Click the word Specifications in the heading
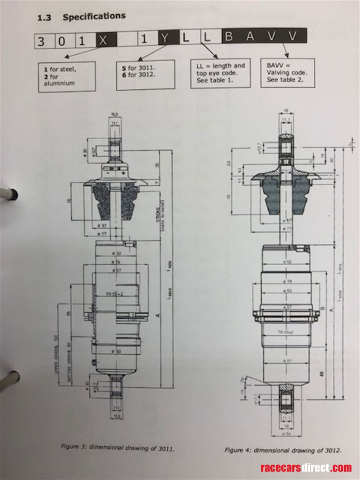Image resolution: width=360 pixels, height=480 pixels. coord(94,17)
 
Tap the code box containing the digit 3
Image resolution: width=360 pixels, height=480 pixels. coord(41,41)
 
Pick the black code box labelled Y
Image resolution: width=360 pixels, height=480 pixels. coord(165,39)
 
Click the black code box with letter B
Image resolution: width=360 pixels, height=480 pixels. coord(229,37)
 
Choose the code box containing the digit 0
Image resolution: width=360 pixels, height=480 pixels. coord(62,41)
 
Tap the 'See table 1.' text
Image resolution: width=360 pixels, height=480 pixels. coord(215,80)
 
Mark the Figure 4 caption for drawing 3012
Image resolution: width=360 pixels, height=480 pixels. coord(283,451)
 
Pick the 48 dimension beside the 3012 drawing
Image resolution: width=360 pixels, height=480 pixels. coord(321,372)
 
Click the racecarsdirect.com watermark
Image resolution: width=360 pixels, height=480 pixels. coord(306,468)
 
